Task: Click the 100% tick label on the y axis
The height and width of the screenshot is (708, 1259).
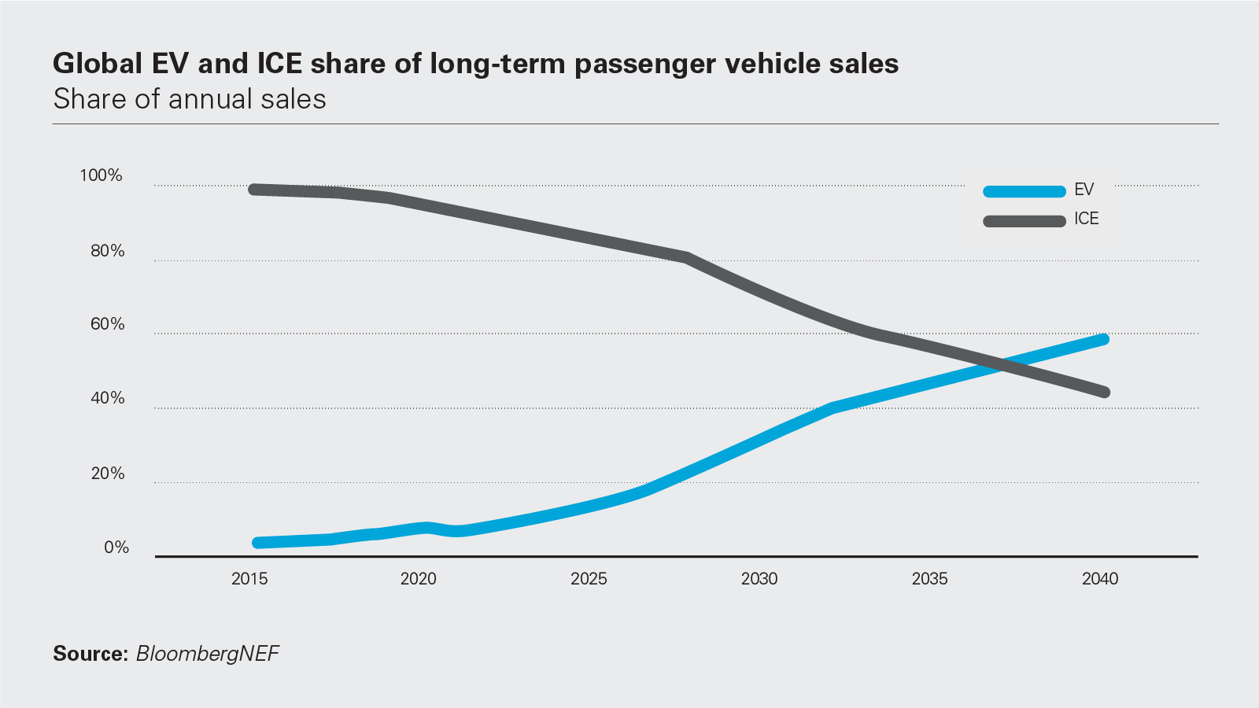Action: (101, 175)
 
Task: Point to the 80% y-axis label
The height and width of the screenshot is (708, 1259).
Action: (108, 251)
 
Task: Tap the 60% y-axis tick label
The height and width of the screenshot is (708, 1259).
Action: (108, 324)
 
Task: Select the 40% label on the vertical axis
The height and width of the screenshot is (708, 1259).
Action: (108, 398)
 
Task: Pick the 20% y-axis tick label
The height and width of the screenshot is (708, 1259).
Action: (108, 474)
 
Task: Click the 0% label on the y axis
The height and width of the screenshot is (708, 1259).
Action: (116, 548)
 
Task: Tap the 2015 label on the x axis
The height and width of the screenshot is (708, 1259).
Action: (249, 579)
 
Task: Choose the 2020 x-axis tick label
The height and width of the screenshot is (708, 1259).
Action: (419, 579)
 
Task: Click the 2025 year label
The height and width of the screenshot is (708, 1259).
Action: (589, 579)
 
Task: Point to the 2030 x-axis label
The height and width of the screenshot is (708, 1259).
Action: (759, 579)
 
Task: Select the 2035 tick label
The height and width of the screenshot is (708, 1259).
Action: (929, 579)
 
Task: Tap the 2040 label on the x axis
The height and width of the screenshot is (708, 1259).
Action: (1100, 579)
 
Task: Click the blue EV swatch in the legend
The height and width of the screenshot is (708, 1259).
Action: (1024, 191)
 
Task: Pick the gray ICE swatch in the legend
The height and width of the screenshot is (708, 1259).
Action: (1024, 221)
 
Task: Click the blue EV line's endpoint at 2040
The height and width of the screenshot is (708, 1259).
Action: (1104, 339)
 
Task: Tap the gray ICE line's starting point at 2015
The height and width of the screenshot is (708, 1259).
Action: (254, 190)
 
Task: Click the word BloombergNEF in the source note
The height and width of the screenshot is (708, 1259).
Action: (208, 654)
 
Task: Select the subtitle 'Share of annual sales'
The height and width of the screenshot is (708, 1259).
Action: (190, 99)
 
